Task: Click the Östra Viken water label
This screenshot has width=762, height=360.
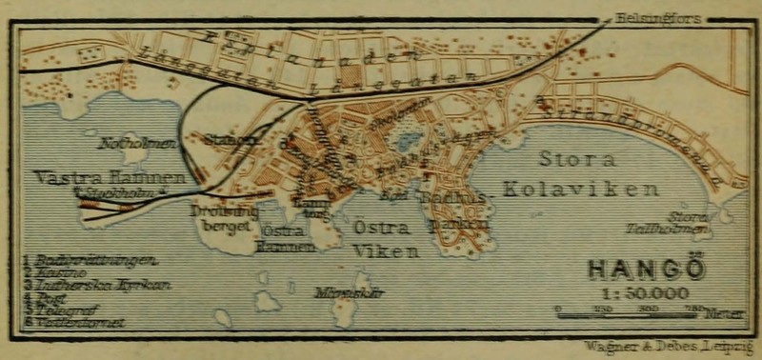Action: coord(385,240)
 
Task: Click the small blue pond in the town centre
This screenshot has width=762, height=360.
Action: coord(409,141)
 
